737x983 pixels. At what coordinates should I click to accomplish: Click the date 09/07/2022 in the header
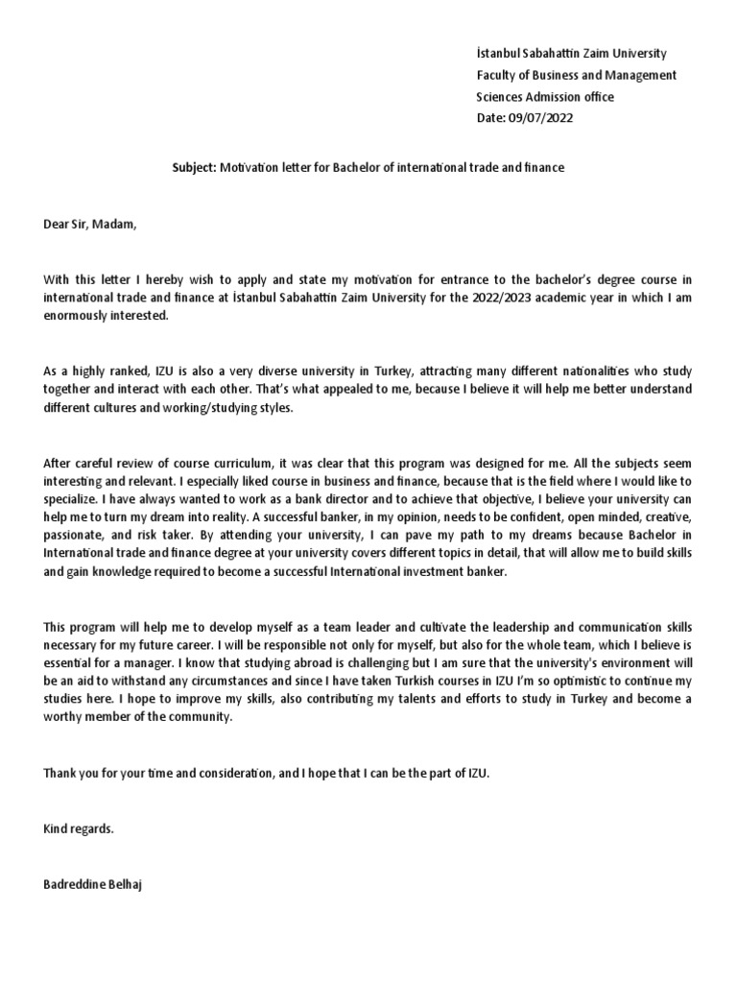544,118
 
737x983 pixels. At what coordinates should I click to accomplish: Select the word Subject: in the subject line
194,168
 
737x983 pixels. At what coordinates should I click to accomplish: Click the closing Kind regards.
79,827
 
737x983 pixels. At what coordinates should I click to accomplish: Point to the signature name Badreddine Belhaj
93,882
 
